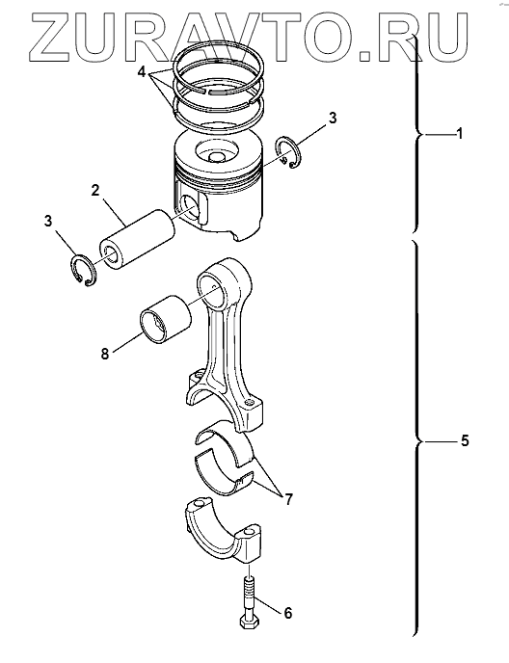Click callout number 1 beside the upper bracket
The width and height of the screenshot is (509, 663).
tap(459, 134)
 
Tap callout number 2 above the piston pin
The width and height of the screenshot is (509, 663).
tap(95, 191)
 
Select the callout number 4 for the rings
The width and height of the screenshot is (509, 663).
tap(142, 72)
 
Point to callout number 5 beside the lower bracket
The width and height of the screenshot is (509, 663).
tap(465, 441)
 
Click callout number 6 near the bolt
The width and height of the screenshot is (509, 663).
tap(287, 613)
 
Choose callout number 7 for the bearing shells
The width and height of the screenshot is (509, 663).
tap(287, 499)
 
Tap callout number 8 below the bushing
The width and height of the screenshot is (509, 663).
tap(105, 354)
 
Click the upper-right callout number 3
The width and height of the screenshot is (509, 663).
tap(333, 119)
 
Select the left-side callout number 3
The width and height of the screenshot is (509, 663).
tap(48, 221)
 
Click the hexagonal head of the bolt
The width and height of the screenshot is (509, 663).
tap(251, 621)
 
